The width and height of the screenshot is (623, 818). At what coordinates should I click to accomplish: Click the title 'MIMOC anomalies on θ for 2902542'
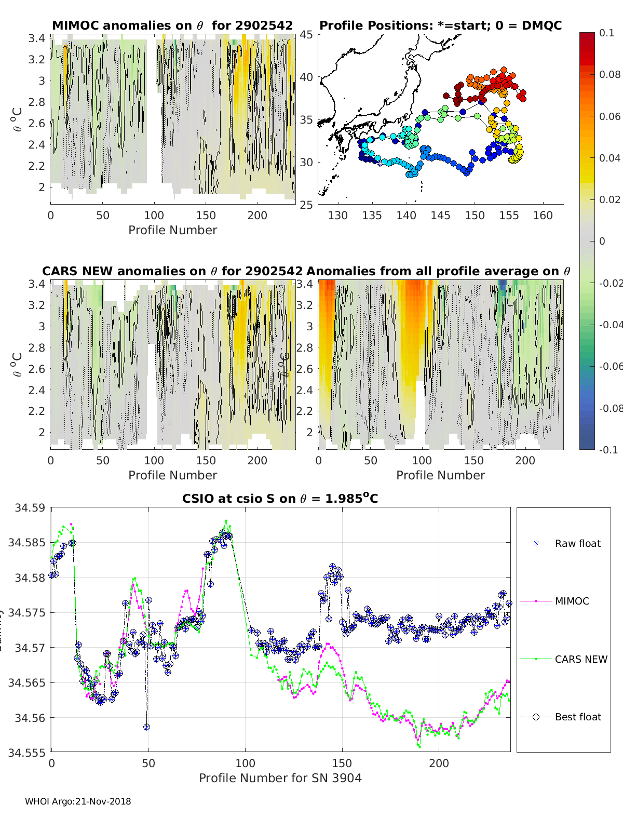pyautogui.click(x=172, y=25)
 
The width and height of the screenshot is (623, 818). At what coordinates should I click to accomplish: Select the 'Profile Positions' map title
pyautogui.click(x=440, y=25)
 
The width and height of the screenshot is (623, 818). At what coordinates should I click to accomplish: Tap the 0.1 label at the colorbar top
pyautogui.click(x=606, y=33)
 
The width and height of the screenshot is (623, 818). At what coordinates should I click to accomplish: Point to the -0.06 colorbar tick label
pyautogui.click(x=610, y=366)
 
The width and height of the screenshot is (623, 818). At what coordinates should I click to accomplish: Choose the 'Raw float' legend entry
pyautogui.click(x=577, y=543)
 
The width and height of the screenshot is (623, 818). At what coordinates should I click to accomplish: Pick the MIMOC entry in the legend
pyautogui.click(x=572, y=601)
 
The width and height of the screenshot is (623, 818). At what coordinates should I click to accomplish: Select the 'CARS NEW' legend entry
pyautogui.click(x=580, y=659)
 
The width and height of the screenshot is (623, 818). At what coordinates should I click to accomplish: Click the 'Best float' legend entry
pyautogui.click(x=577, y=717)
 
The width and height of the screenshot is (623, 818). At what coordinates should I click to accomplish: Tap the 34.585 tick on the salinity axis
pyautogui.click(x=26, y=543)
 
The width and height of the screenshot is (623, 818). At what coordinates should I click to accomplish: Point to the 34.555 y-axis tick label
pyautogui.click(x=26, y=753)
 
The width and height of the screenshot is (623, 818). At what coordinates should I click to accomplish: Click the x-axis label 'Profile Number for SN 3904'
pyautogui.click(x=280, y=777)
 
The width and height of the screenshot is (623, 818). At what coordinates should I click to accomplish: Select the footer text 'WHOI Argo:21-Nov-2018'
pyautogui.click(x=78, y=801)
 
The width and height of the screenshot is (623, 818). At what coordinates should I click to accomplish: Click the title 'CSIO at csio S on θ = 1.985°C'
pyautogui.click(x=280, y=499)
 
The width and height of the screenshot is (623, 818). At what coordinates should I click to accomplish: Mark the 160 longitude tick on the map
pyautogui.click(x=543, y=215)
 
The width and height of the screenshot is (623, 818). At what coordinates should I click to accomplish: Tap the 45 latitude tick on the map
pyautogui.click(x=306, y=34)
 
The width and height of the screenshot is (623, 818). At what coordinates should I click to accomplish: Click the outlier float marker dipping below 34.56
pyautogui.click(x=147, y=727)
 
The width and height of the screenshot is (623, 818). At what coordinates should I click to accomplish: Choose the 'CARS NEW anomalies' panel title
pyautogui.click(x=172, y=271)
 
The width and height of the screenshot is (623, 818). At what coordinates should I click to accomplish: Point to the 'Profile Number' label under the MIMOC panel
pyautogui.click(x=172, y=230)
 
